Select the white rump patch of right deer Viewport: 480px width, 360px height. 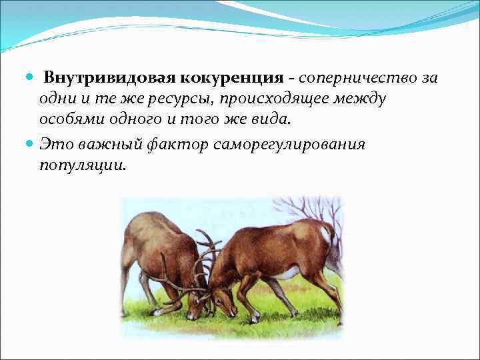tap(326, 235)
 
